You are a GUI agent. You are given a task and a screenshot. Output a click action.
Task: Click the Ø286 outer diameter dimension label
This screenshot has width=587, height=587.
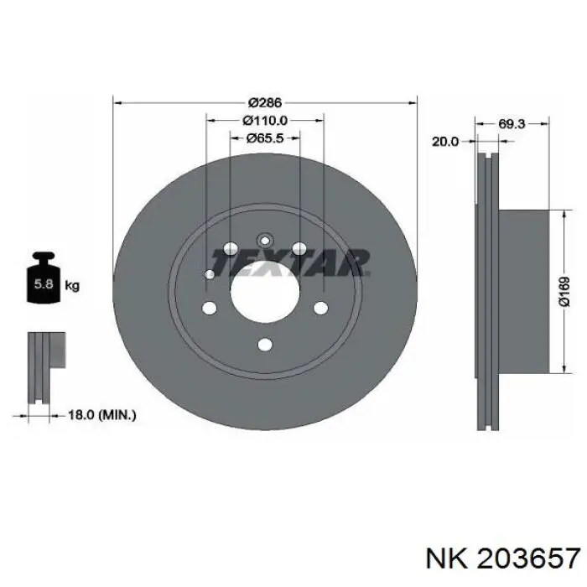(265, 102)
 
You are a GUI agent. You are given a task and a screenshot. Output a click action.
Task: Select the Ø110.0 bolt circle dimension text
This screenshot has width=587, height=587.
(265, 121)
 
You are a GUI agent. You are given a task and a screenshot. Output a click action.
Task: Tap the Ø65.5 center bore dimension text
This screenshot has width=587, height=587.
(265, 138)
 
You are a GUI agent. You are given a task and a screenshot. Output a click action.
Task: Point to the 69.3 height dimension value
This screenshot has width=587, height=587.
(512, 123)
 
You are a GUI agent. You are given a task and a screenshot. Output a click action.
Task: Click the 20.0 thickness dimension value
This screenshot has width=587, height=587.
(445, 142)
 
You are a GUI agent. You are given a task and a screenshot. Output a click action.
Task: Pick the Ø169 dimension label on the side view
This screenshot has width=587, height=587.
(564, 292)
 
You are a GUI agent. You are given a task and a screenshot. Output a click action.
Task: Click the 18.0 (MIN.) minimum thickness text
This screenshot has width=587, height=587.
(101, 415)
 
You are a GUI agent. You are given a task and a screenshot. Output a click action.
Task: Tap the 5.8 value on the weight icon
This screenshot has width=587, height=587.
(44, 284)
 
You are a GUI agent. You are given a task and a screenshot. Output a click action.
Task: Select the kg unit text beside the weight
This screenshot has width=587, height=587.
(72, 286)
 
